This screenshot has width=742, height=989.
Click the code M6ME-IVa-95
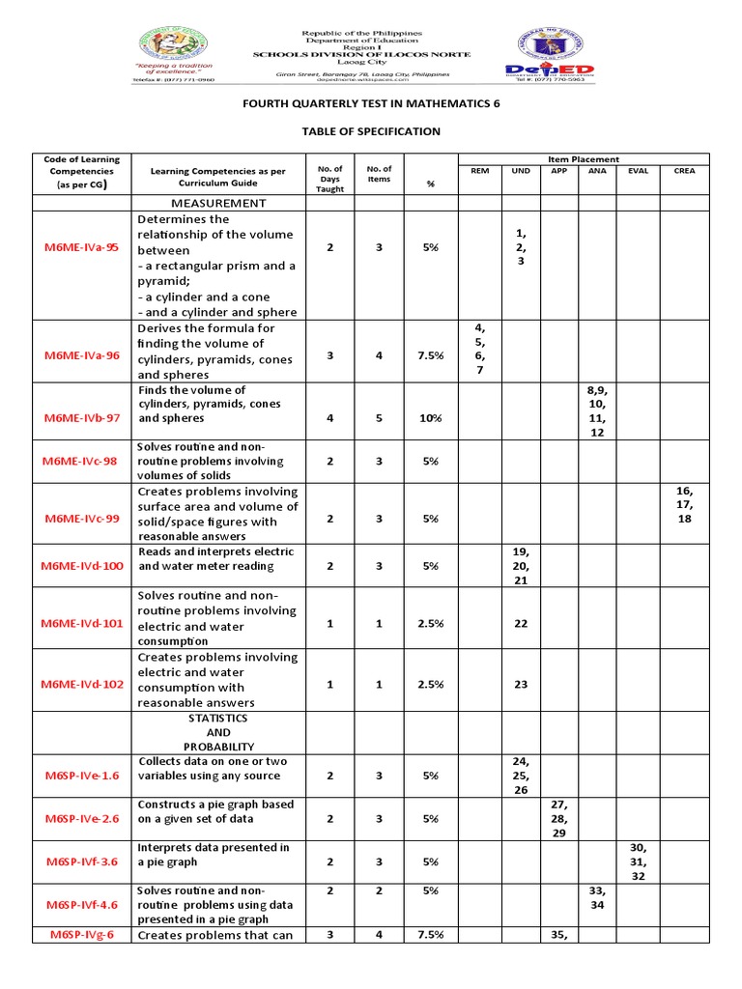pos(81,247)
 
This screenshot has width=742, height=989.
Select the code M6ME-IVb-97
pos(81,419)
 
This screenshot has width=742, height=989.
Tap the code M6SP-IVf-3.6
pos(81,862)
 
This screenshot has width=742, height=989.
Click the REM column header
pos(480,171)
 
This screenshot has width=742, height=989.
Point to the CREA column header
pos(684,171)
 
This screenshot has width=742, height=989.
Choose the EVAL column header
pos(638,171)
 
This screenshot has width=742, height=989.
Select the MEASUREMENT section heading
pos(218,203)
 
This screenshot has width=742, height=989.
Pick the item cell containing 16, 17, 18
pos(684,504)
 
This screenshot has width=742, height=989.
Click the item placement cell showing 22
pos(521,624)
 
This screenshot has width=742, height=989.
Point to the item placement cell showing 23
pos(521,684)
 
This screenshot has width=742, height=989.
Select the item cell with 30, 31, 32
pos(638,862)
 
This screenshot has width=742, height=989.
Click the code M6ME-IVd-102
pos(83,684)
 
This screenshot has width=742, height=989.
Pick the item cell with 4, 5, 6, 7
pos(480,351)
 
